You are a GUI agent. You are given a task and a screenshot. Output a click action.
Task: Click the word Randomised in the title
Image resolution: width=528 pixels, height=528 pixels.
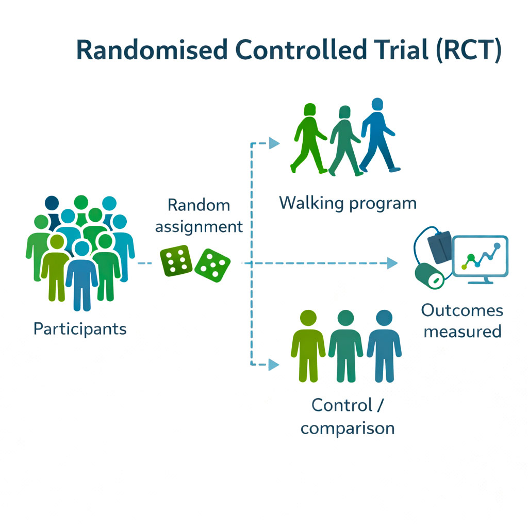click(x=152, y=51)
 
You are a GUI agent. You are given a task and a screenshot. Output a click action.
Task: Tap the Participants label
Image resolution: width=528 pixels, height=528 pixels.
click(x=80, y=328)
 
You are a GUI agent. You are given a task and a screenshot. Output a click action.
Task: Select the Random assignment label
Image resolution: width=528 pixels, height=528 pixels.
click(x=199, y=216)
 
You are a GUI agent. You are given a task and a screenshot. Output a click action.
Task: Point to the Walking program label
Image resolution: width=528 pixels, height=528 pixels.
click(x=348, y=203)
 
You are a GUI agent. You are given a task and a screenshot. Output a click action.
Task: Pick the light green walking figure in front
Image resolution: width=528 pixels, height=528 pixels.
click(x=308, y=138)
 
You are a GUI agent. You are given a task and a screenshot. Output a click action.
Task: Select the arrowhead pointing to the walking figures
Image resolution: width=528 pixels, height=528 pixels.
click(x=274, y=143)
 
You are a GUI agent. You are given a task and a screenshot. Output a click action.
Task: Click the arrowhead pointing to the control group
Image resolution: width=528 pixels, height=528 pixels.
click(x=273, y=365)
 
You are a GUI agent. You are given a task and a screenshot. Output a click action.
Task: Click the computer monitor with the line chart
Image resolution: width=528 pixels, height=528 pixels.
click(x=480, y=258)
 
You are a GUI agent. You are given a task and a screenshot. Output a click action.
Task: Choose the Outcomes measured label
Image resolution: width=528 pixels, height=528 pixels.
click(x=462, y=320)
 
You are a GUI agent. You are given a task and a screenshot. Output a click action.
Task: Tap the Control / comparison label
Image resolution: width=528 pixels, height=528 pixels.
click(x=348, y=416)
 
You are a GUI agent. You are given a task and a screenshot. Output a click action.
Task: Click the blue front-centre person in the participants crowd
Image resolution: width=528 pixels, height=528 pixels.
click(x=82, y=276)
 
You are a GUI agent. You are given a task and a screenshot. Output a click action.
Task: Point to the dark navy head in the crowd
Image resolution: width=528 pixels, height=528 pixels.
click(x=52, y=203)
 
